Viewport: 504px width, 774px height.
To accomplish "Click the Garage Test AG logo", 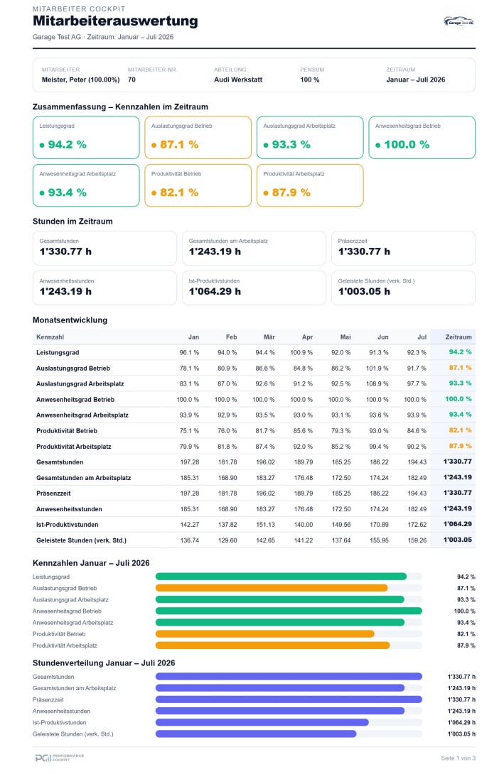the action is click(x=459, y=21).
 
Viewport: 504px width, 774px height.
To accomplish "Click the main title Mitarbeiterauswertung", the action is click(x=115, y=21).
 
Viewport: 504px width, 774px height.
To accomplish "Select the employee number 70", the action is click(x=132, y=80).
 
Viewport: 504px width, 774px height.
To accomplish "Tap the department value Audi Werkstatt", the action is click(x=238, y=80).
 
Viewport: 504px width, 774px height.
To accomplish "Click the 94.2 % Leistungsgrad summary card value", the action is click(x=68, y=145).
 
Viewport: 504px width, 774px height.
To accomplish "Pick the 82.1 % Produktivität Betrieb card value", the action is click(x=179, y=192).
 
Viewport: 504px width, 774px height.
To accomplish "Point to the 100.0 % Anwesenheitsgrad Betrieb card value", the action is click(x=407, y=145).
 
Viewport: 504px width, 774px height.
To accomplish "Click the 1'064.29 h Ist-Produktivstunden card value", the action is click(x=215, y=291).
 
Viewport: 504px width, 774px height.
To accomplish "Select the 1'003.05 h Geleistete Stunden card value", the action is click(x=364, y=291).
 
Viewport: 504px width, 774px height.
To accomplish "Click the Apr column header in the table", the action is click(x=307, y=337).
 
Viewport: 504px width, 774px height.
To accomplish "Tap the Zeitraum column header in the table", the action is click(x=459, y=337).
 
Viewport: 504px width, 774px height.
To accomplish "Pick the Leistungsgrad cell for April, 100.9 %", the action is click(x=301, y=352).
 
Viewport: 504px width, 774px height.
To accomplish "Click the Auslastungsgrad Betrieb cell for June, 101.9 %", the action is click(x=377, y=369).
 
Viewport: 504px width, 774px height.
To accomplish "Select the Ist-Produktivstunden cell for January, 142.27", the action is click(x=190, y=525).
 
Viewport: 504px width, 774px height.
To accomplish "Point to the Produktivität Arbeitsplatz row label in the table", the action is click(x=74, y=446).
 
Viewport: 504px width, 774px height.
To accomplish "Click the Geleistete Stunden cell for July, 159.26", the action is click(x=417, y=540).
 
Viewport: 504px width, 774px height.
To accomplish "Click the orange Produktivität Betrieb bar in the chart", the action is click(x=265, y=634).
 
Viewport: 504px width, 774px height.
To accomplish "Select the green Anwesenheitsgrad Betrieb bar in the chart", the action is click(x=289, y=611).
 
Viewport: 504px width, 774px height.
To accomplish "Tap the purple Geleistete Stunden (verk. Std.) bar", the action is click(x=256, y=734).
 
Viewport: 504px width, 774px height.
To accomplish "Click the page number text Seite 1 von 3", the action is click(x=458, y=758).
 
